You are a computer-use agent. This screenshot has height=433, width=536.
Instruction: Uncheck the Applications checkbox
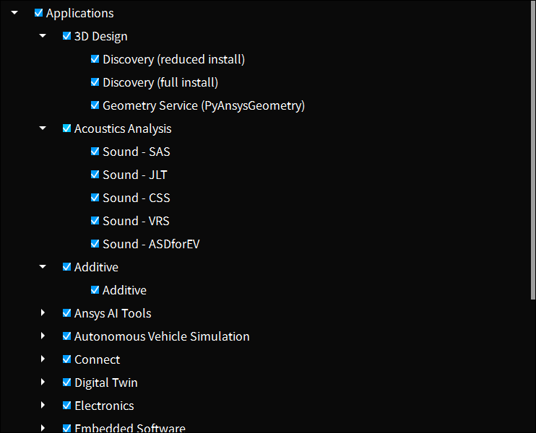(38, 13)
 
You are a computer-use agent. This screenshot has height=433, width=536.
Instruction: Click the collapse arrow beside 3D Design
(43, 35)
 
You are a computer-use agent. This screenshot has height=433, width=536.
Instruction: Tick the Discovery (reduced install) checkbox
(95, 59)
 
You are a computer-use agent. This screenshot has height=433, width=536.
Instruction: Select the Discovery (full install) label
(160, 82)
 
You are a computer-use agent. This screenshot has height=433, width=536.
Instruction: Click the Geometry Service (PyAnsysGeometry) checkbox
(95, 105)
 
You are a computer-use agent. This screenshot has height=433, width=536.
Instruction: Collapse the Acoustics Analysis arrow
(43, 128)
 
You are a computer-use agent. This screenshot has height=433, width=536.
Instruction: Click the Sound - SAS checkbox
(95, 152)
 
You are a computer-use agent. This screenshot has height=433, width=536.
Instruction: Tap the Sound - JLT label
(134, 175)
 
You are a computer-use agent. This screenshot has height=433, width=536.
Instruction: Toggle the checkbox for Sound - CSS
(95, 198)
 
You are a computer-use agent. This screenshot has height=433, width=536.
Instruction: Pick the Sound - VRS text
(136, 221)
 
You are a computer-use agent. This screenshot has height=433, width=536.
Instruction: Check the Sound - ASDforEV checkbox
(95, 244)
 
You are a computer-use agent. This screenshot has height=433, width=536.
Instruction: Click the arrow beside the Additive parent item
(43, 266)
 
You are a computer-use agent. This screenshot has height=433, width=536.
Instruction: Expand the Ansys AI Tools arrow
(43, 312)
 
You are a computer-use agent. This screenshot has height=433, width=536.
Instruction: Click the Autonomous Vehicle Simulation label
(162, 336)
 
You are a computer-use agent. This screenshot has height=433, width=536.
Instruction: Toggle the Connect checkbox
(66, 359)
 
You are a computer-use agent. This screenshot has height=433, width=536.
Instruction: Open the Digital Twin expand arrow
(43, 382)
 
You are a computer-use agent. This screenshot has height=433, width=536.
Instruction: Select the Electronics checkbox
(66, 406)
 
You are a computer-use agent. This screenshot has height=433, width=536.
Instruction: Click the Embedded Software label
(129, 427)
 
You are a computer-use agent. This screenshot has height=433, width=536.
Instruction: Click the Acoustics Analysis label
(123, 128)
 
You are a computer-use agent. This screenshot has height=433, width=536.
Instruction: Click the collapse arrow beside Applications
(14, 12)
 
